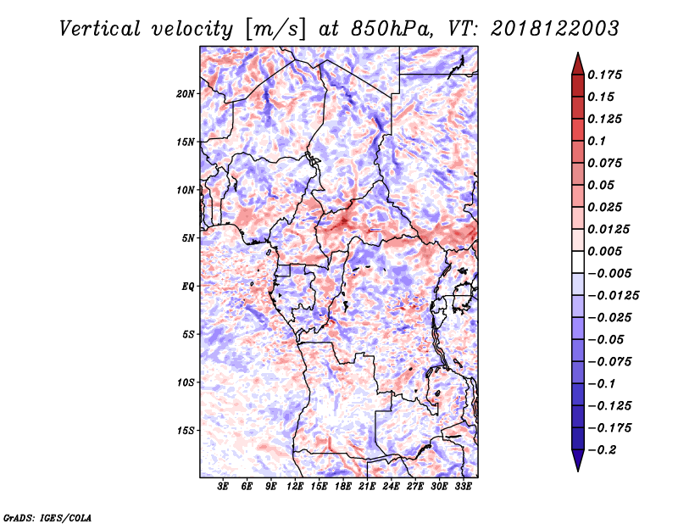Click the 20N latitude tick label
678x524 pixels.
(186, 94)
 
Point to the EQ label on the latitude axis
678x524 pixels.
(187, 287)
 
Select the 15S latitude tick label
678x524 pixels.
(186, 431)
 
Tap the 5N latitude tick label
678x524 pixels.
(188, 238)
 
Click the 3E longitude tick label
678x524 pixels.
(223, 487)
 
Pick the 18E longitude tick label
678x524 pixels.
(343, 487)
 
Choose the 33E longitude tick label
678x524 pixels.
(463, 487)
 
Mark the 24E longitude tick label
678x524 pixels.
(391, 487)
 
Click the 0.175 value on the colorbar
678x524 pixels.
(604, 75)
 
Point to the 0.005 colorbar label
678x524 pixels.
(604, 251)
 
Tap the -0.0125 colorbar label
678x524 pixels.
(613, 296)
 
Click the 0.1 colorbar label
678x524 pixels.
(597, 141)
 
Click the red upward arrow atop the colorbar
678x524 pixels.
(578, 64)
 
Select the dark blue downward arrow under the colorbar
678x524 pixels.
(578, 460)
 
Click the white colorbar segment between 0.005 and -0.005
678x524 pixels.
(578, 262)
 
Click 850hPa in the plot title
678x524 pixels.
(392, 29)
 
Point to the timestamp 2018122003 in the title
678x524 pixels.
(555, 29)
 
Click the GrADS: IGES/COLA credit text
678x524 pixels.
(47, 517)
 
